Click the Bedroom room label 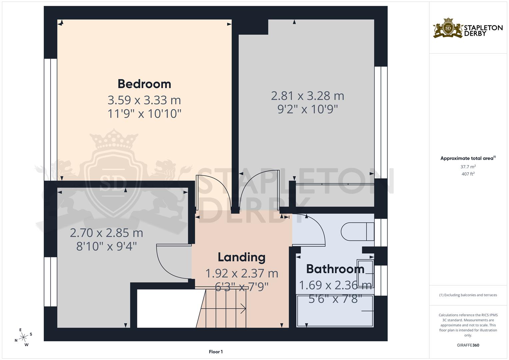click(144, 84)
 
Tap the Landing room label click(242, 257)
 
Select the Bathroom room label click(335, 269)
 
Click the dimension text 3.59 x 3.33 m click(144, 100)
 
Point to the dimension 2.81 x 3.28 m click(307, 96)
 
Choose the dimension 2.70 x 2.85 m click(106, 233)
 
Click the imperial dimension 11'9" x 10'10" click(144, 114)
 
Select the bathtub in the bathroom click(335, 311)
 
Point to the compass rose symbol click(23, 338)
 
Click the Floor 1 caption click(216, 352)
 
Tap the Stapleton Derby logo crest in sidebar click(448, 29)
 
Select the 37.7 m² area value click(468, 167)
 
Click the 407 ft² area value click(468, 174)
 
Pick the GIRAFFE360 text click(468, 345)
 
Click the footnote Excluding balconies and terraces click(468, 295)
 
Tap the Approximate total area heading click(468, 158)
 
